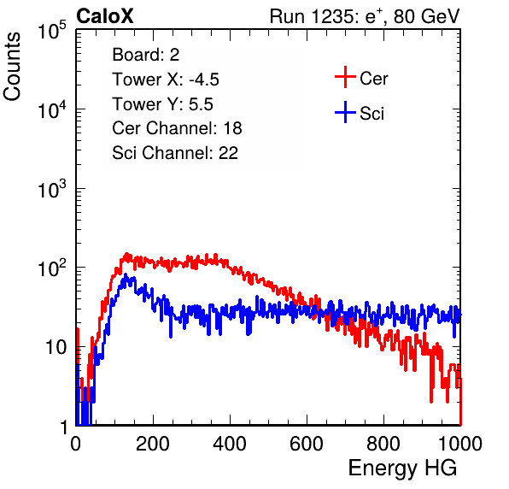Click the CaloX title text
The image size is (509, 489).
[105, 16]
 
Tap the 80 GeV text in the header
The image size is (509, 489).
[427, 16]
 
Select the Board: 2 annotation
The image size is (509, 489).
[146, 55]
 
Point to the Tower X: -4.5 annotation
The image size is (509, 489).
[166, 80]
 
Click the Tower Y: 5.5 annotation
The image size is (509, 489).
[162, 104]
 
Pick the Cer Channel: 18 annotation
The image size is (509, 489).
[177, 128]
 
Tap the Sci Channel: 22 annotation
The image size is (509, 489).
[175, 153]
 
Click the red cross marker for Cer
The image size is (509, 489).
[345, 77]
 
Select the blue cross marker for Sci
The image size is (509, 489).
[345, 112]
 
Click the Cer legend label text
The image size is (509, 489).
[373, 79]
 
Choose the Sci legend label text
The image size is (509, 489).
[372, 114]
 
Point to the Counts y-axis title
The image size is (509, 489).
[12, 67]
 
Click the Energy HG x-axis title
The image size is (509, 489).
[402, 468]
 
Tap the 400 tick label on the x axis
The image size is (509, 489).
[230, 444]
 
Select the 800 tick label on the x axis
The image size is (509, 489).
[383, 444]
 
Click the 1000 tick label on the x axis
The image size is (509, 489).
[460, 444]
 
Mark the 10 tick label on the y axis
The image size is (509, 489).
[56, 347]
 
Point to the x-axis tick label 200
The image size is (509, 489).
[153, 444]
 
